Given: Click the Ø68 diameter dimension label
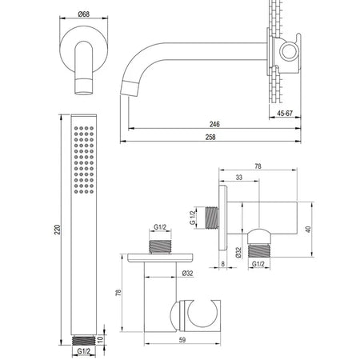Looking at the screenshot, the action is coord(84,14).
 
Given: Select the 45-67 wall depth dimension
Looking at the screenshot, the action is coord(285,114).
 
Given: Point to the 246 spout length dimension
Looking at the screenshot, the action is coord(214,124).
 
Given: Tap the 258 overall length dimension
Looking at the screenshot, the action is coord(210,137).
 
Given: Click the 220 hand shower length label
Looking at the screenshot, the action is coord(58,230).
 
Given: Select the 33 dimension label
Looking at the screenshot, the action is coord(239,178).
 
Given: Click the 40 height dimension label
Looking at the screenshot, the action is coord(308,230).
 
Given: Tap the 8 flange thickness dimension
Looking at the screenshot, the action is coord(223,264).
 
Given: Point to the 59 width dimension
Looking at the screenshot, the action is coord(182,340).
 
